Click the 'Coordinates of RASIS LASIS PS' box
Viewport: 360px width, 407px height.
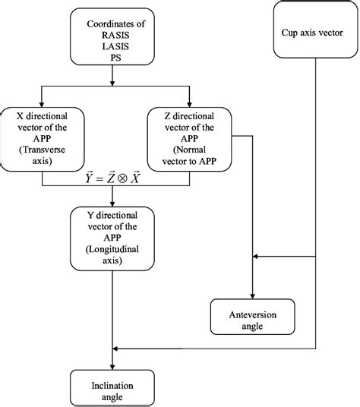(x=113, y=38)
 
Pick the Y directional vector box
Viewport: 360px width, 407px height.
(x=113, y=238)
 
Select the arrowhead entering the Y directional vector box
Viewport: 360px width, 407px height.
(x=113, y=204)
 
